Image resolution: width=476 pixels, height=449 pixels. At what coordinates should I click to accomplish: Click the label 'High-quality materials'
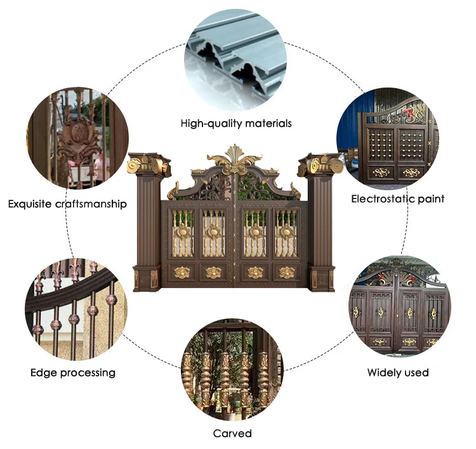tap(236, 123)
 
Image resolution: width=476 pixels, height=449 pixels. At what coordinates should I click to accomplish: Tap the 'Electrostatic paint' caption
tap(398, 198)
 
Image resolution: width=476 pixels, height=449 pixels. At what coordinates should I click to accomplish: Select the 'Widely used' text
tap(398, 372)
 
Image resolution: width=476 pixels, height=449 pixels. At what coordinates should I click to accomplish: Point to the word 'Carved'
tap(232, 433)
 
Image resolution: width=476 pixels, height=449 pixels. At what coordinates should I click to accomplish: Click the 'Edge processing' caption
tap(73, 372)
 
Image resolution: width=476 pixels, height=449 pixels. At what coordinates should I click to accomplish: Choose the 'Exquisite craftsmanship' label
tap(67, 204)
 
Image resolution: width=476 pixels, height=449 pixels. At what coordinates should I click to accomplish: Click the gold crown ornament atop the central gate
tap(235, 160)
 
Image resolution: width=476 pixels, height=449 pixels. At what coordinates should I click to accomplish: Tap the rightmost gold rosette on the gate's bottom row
tap(287, 273)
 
